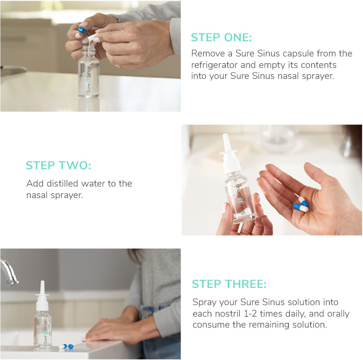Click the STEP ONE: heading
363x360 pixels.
pyautogui.click(x=221, y=38)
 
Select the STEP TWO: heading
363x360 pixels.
pyautogui.click(x=58, y=166)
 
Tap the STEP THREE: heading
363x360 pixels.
pyautogui.click(x=229, y=284)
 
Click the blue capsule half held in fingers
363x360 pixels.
pyautogui.click(x=81, y=31)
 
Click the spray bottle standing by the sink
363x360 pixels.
pyautogui.click(x=42, y=319)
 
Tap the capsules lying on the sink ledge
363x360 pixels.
pyautogui.click(x=66, y=346)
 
